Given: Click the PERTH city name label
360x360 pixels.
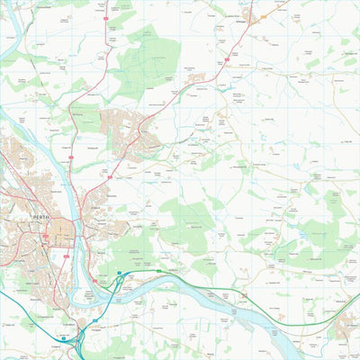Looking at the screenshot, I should click(37, 217).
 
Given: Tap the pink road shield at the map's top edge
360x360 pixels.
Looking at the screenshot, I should click(106, 17).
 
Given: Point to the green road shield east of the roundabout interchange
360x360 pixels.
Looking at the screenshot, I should click(159, 270).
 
